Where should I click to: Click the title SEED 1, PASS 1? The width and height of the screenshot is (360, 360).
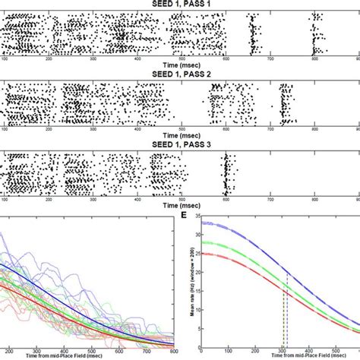(x=180, y=4)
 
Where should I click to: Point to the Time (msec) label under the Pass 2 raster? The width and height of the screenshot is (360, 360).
(x=180, y=137)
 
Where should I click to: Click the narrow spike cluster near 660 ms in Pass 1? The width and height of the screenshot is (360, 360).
(x=252, y=34)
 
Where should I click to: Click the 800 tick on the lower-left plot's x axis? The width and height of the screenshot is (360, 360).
(x=174, y=350)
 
